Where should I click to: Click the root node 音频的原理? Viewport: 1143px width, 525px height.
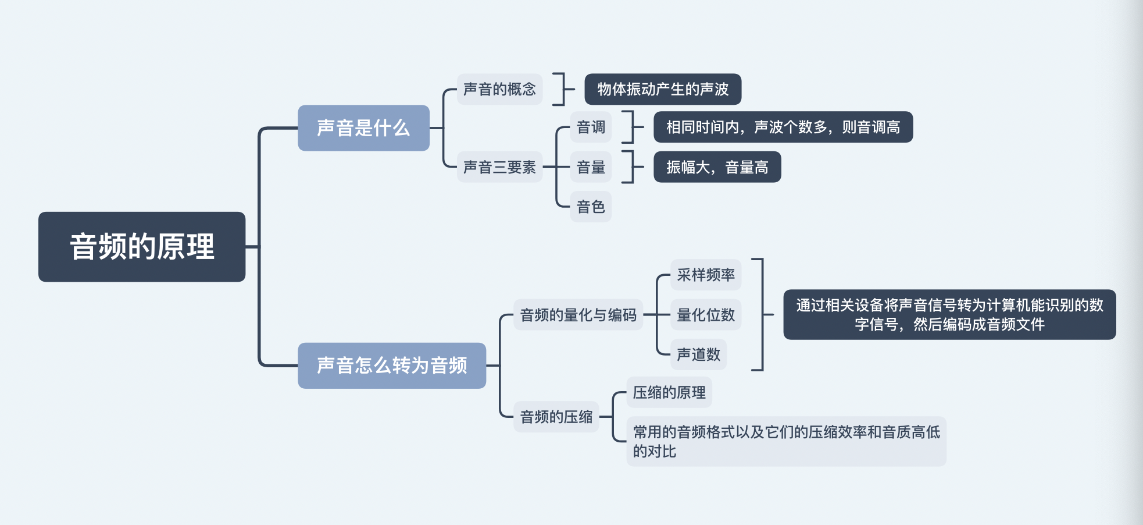pyautogui.click(x=142, y=247)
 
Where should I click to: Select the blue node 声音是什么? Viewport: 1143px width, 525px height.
pyautogui.click(x=363, y=128)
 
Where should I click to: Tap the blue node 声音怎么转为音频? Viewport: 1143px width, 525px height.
pyautogui.click(x=392, y=366)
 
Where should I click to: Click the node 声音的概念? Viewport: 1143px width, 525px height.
pyautogui.click(x=499, y=89)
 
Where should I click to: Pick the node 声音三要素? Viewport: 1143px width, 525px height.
pyautogui.click(x=499, y=167)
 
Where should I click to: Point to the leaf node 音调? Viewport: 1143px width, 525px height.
pyautogui.click(x=591, y=127)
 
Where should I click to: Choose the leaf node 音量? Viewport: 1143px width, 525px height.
pyautogui.click(x=591, y=167)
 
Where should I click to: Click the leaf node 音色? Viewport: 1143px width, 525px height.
pyautogui.click(x=591, y=207)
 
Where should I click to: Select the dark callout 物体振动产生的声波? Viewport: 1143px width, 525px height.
pyautogui.click(x=663, y=89)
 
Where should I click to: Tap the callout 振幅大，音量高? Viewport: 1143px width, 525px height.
pyautogui.click(x=717, y=167)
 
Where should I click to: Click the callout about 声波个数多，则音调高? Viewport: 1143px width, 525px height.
pyautogui.click(x=783, y=127)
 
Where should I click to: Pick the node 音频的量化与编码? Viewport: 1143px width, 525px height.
pyautogui.click(x=578, y=315)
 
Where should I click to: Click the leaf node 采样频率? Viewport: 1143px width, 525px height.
pyautogui.click(x=706, y=275)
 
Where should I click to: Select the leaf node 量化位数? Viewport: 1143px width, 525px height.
pyautogui.click(x=706, y=315)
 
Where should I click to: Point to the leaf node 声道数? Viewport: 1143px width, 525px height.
pyautogui.click(x=698, y=354)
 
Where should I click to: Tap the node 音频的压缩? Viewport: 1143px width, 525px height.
pyautogui.click(x=556, y=417)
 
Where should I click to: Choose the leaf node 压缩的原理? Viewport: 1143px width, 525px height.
pyautogui.click(x=669, y=392)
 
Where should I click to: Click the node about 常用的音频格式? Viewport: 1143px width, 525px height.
pyautogui.click(x=786, y=441)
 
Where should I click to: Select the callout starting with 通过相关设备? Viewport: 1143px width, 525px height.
pyautogui.click(x=949, y=314)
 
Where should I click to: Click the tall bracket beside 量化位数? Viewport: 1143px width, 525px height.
pyautogui.click(x=762, y=314)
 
